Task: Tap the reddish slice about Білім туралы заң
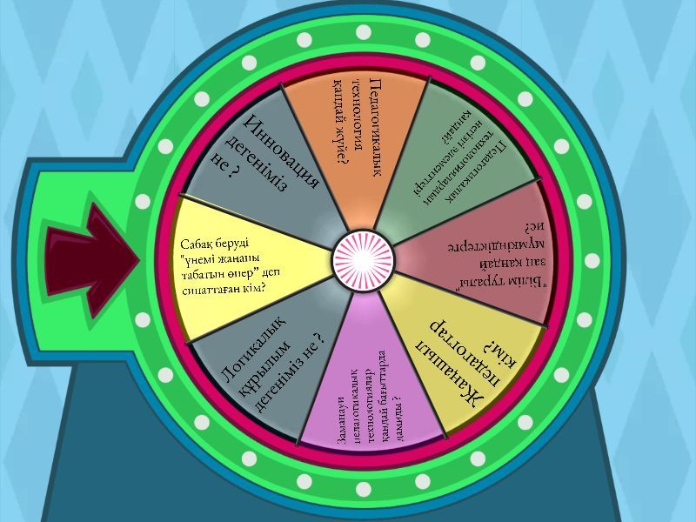click(487, 261)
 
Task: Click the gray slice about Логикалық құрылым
click(261, 365)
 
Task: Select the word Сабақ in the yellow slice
click(199, 246)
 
